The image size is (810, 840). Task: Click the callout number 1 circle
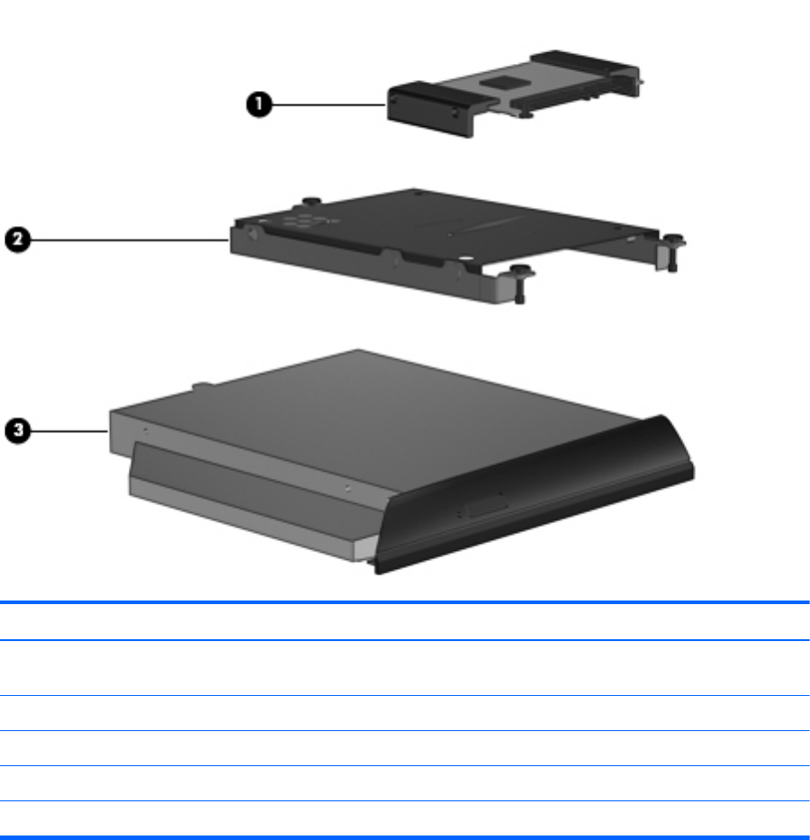tap(259, 104)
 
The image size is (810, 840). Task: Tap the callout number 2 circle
tap(18, 239)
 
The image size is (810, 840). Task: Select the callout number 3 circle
tap(18, 430)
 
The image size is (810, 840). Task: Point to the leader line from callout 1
tap(329, 104)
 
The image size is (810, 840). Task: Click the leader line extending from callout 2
tap(130, 240)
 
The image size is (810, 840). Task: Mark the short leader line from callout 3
tap(69, 430)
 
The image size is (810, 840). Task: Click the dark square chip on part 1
tap(501, 82)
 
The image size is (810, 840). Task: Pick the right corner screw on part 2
tap(673, 252)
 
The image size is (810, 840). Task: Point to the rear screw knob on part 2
tap(311, 202)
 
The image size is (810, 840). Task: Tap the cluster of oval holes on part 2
tap(304, 221)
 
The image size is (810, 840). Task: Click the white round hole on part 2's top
tap(465, 258)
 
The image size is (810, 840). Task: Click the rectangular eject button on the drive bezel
tap(486, 506)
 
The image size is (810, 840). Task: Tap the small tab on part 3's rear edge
tap(202, 385)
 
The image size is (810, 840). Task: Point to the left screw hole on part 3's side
tap(145, 430)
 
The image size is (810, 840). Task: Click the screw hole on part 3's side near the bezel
tap(348, 488)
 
